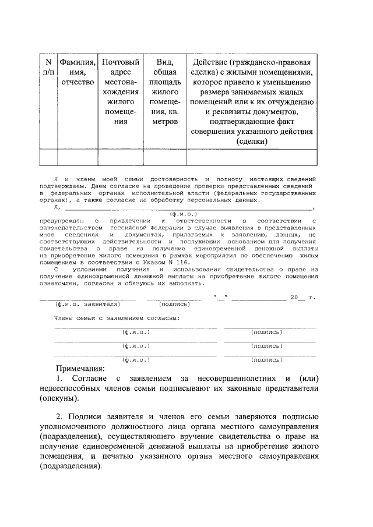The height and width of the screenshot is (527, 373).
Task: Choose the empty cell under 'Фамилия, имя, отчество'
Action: (78, 158)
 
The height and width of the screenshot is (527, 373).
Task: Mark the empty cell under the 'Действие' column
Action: (252, 158)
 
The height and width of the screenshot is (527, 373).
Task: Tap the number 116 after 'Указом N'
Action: (182, 263)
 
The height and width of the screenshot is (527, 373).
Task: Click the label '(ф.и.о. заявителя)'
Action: (87, 303)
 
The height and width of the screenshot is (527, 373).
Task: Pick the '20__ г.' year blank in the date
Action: (302, 298)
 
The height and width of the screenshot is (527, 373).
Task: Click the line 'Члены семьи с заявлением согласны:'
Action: (117, 318)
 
